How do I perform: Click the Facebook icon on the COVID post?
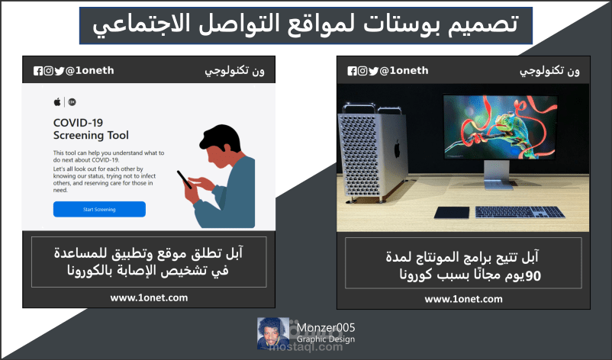click(x=38, y=71)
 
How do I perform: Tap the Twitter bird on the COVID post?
click(x=59, y=71)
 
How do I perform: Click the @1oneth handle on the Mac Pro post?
click(x=402, y=71)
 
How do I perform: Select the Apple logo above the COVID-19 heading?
click(x=56, y=101)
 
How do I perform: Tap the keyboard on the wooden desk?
click(x=515, y=211)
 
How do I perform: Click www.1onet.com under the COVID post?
click(x=149, y=297)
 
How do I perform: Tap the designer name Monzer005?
click(x=327, y=328)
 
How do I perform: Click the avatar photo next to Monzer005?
click(x=272, y=334)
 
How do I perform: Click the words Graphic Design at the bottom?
click(x=327, y=340)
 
